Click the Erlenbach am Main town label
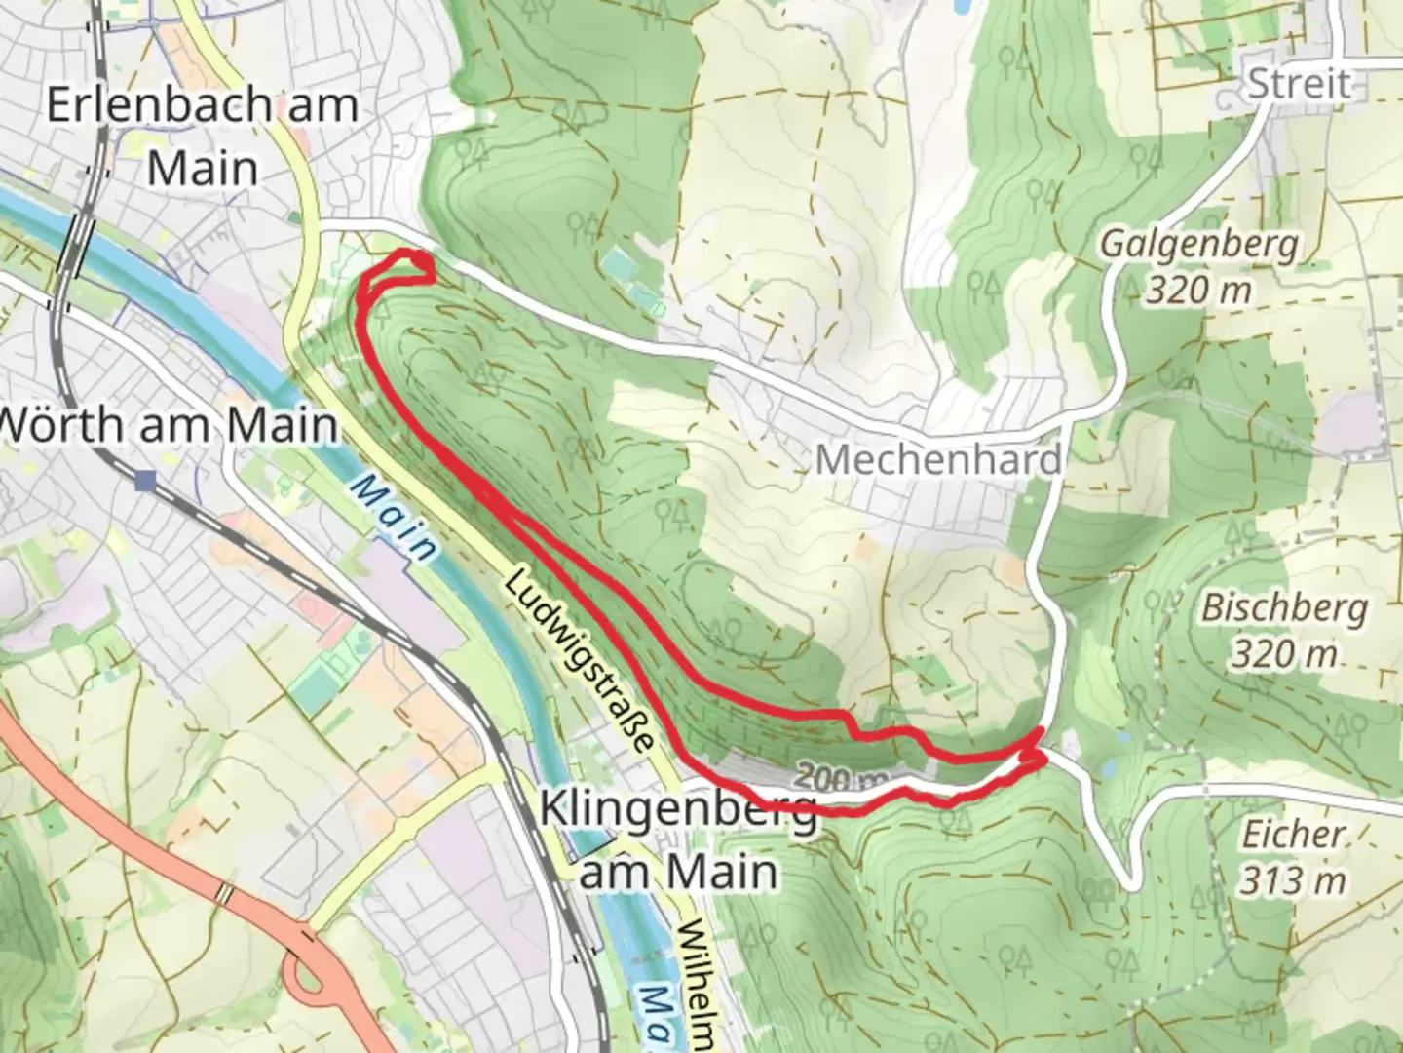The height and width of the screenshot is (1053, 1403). coord(203,136)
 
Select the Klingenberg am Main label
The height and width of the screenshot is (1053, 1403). coord(678,838)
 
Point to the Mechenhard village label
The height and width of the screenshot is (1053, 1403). coord(937,459)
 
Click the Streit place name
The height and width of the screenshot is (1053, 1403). coord(1300,84)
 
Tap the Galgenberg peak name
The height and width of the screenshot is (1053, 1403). coord(1199,244)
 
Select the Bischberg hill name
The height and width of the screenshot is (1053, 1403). coord(1283,608)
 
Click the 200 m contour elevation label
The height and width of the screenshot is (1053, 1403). coord(842,778)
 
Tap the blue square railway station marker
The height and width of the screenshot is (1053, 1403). coord(145,480)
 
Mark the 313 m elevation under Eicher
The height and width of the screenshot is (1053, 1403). coord(1292,880)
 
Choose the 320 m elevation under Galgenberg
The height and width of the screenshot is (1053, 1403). coord(1199,290)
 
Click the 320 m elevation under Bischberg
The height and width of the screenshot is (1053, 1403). coord(1283,654)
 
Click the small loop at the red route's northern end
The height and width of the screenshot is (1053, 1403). coord(413,267)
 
